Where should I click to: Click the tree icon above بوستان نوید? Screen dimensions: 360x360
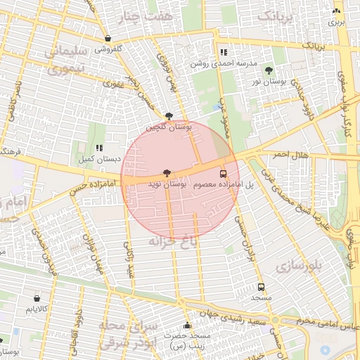coord(167,173)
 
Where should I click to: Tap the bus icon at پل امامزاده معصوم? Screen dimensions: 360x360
coord(224,174)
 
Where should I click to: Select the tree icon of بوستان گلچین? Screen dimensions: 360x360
coord(169,117)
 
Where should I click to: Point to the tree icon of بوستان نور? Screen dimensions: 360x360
coord(269,70)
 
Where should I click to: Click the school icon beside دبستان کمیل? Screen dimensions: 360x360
coord(99,148)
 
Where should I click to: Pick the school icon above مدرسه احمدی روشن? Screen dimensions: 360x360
coord(224,52)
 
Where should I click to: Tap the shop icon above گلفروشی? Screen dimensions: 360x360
coord(108,39)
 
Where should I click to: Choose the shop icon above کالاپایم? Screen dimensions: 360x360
coord(36,298)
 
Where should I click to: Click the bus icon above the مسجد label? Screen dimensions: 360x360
coord(262,287)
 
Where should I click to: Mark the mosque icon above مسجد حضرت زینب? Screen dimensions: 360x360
coord(187,326)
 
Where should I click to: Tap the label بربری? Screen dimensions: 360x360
coord(337,22)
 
